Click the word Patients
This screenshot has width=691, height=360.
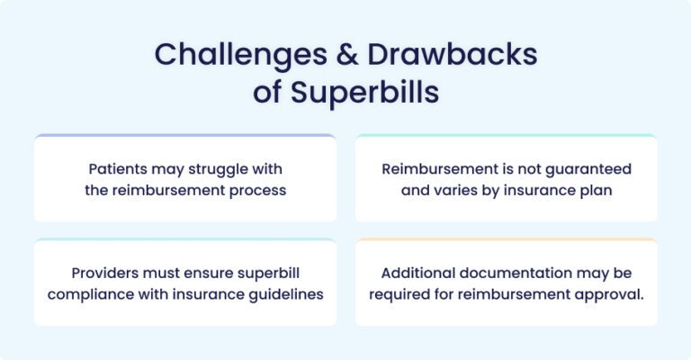120,168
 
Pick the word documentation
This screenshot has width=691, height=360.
518,273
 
